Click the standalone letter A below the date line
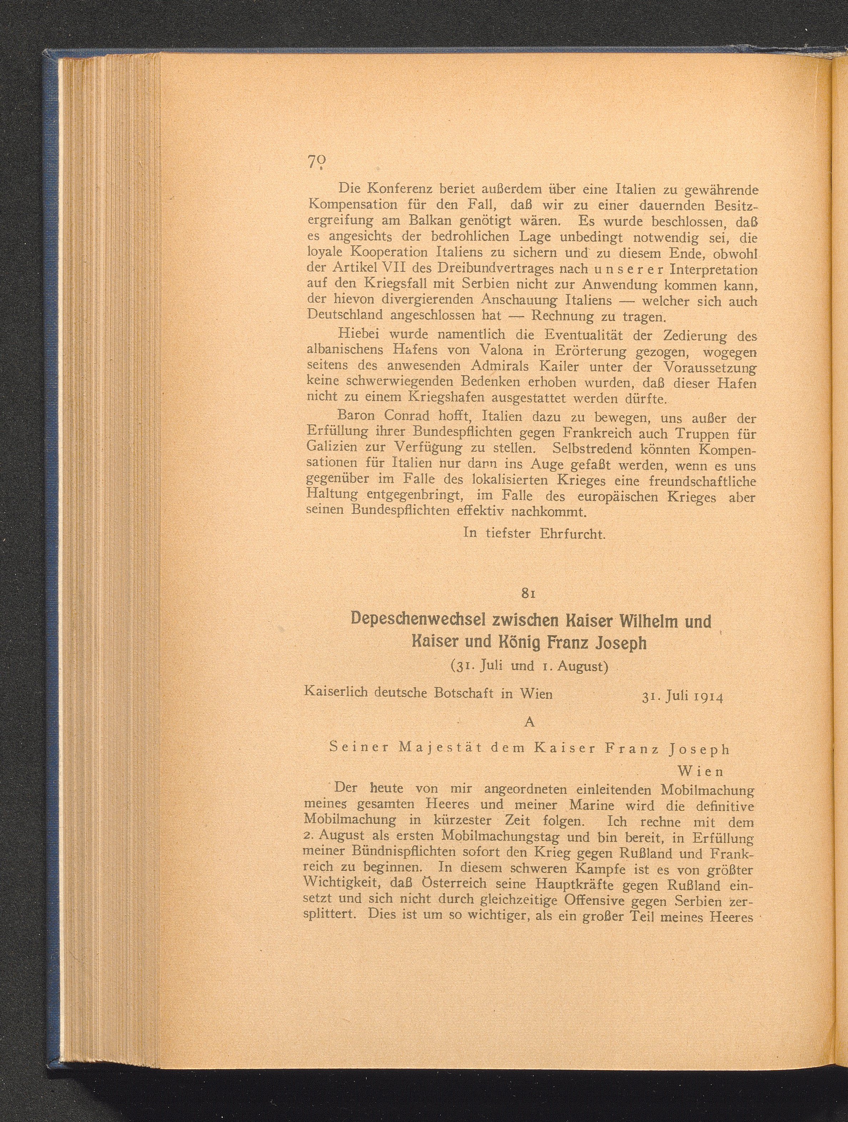tap(530, 722)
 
